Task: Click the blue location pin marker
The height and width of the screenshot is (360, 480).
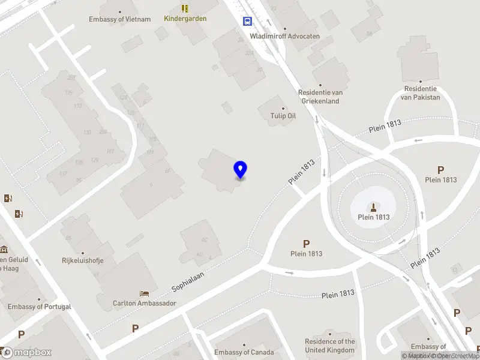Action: tap(241, 170)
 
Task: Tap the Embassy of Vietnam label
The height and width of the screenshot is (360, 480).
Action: tap(120, 19)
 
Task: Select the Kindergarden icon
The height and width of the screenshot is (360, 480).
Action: tap(185, 8)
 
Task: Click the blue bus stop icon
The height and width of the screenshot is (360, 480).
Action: tap(247, 21)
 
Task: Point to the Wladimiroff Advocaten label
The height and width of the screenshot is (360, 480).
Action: tap(284, 36)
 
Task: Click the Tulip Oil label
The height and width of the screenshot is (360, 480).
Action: tap(284, 116)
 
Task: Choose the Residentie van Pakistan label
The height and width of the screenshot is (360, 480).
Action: tap(420, 93)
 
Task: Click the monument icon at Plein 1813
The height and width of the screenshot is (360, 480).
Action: tap(373, 208)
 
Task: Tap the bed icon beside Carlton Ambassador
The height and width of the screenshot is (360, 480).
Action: tap(145, 293)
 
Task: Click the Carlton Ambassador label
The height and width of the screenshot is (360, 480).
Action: tap(145, 303)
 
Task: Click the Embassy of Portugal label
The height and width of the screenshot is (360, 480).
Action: tap(40, 307)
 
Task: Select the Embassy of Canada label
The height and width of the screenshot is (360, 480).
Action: tap(244, 352)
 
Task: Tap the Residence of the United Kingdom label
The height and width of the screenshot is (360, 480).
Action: tap(330, 346)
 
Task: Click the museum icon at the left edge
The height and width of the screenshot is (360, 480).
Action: tap(3, 249)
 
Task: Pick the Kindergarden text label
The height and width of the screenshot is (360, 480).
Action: tap(185, 19)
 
